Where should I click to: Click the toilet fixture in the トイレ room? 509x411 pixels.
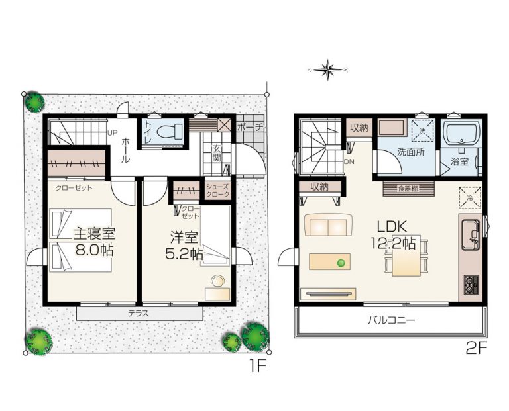(170, 132)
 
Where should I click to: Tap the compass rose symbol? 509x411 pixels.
(328, 69)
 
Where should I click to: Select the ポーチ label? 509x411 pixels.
(250, 127)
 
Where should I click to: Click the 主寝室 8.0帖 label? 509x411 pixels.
(95, 242)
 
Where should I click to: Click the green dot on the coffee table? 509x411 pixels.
(341, 263)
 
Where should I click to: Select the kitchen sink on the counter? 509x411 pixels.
(470, 235)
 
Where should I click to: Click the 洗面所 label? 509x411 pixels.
(411, 152)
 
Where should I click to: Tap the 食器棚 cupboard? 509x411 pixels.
(408, 189)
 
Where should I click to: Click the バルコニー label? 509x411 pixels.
(392, 320)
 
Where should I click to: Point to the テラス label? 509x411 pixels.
(139, 314)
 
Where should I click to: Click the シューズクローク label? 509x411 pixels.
(218, 191)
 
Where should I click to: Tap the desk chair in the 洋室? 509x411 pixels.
(218, 281)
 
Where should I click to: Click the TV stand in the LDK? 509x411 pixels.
(328, 294)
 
